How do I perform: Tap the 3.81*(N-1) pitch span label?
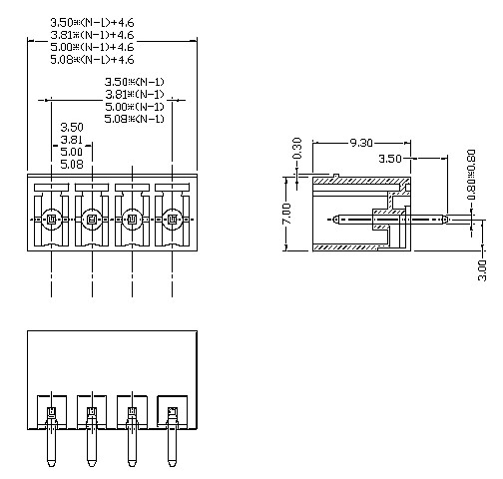click(135, 94)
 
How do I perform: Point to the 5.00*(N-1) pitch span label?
click(135, 107)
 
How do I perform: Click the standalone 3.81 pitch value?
click(71, 140)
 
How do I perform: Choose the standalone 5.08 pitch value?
click(71, 165)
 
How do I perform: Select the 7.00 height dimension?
click(287, 214)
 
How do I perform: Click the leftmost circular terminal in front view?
click(52, 219)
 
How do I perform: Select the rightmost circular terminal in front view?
click(172, 219)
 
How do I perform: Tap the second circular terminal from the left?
click(92, 219)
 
